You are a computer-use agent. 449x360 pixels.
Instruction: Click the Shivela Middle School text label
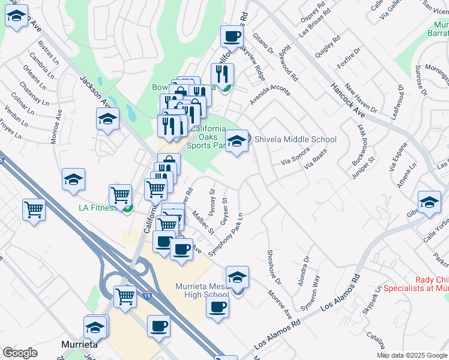click(x=295, y=139)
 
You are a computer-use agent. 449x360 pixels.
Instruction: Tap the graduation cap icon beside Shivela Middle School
click(x=237, y=142)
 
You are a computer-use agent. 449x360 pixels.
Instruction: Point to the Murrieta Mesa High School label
click(x=202, y=290)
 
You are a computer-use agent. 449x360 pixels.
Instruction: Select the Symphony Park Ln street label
click(x=226, y=235)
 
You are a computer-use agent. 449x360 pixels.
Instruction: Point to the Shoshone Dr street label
click(x=273, y=266)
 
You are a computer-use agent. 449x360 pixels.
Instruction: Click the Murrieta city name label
click(x=80, y=345)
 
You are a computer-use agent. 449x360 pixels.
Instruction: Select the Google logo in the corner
click(x=20, y=353)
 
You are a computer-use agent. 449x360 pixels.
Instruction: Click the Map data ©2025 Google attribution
click(x=412, y=355)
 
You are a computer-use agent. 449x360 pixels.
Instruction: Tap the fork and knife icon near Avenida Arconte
click(x=224, y=74)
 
